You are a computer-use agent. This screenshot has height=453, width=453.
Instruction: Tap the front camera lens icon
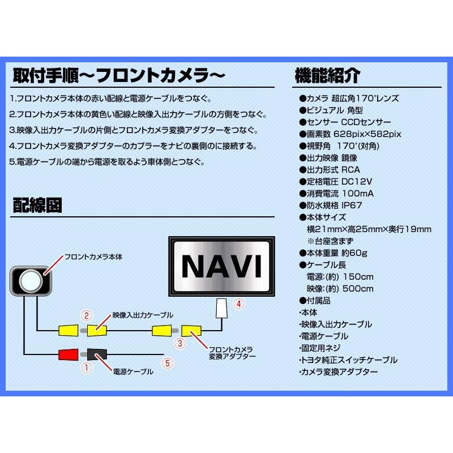pyautogui.click(x=31, y=280)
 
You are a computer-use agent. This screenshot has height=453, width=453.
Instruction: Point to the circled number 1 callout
pyautogui.click(x=87, y=367)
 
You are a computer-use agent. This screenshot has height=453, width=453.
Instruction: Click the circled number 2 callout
pyautogui.click(x=86, y=315)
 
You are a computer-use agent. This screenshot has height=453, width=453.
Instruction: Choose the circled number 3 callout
pyautogui.click(x=180, y=343)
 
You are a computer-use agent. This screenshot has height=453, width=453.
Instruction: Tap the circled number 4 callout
pyautogui.click(x=240, y=304)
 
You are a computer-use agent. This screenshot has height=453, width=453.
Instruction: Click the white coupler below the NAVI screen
pyautogui.click(x=222, y=308)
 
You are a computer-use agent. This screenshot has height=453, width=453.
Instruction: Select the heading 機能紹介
pyautogui.click(x=327, y=75)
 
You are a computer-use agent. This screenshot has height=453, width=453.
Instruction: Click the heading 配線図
pyautogui.click(x=37, y=206)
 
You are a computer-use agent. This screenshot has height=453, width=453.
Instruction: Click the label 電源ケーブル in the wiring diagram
pyautogui.click(x=134, y=371)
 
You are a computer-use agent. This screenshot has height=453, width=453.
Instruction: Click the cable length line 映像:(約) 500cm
pyautogui.click(x=340, y=289)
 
